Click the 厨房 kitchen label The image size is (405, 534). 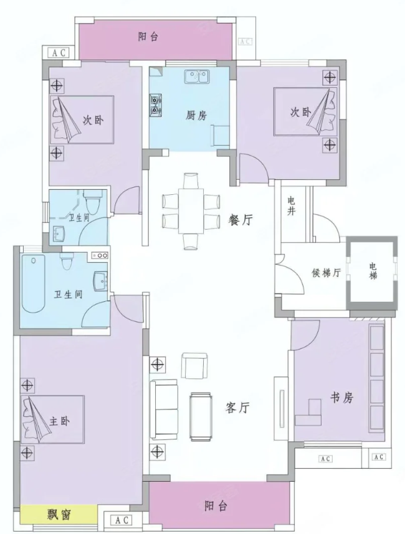tap(196, 115)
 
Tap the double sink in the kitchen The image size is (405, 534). tap(197, 77)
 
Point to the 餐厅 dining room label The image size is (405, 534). tap(241, 220)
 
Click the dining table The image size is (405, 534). tap(191, 211)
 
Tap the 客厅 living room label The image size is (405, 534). tap(237, 407)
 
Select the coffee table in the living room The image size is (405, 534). tap(201, 416)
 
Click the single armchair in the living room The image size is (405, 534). tap(194, 366)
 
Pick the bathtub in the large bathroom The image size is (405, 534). tap(33, 283)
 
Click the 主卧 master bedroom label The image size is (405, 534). tap(59, 421)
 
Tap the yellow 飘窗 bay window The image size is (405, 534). tap(59, 515)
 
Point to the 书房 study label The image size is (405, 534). tap(341, 398)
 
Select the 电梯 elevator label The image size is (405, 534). tap(373, 271)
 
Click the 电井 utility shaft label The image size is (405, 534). tap(291, 205)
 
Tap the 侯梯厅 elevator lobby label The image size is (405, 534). tap(326, 273)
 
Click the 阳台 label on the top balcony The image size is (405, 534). tap(148, 37)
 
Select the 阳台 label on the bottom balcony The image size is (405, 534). tap(216, 507)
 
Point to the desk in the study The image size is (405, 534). tap(309, 413)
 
